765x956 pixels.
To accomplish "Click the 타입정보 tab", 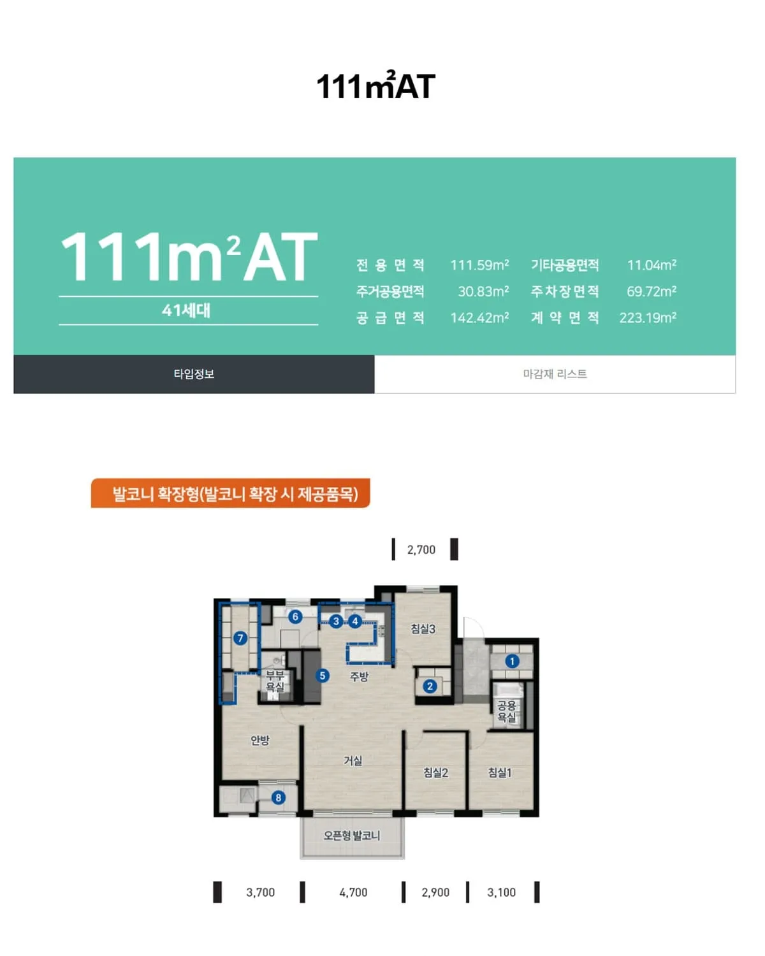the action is (194, 374).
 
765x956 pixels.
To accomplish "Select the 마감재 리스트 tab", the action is (555, 374).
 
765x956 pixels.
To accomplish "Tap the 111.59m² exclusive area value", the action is (479, 265).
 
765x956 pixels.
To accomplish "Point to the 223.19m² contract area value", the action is (648, 317).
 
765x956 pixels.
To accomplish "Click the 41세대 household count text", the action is (186, 310).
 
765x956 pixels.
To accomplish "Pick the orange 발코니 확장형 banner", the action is (230, 493).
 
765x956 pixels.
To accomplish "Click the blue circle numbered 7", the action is (240, 639).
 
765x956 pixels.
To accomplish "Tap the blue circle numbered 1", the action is (512, 662).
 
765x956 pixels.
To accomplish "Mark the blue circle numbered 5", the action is (323, 676).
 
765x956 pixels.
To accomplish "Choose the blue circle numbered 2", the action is (430, 686).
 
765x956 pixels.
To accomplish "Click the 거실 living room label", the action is (353, 760).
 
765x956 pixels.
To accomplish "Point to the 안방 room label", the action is (260, 740).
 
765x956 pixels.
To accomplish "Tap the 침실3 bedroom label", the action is (423, 628).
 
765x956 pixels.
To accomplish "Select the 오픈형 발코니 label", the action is (352, 836).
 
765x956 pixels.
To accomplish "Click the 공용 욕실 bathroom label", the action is (506, 711).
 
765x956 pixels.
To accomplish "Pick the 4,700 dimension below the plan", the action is (353, 892).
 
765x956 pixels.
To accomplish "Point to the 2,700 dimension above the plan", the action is (421, 550).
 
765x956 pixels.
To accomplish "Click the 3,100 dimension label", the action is (502, 892).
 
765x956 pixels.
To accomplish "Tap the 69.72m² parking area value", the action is (651, 291).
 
